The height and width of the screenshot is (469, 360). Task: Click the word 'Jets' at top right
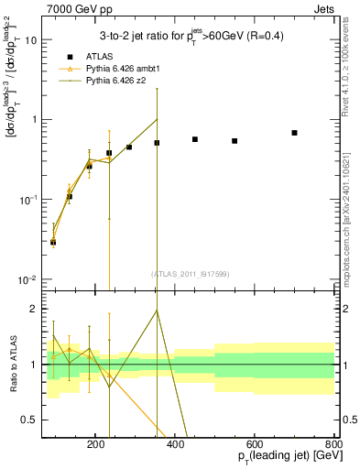tap(324, 7)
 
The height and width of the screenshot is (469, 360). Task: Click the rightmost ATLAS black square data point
tap(294, 133)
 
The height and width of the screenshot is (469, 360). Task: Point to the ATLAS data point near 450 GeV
tap(195, 139)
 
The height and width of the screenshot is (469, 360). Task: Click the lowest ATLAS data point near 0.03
tap(53, 242)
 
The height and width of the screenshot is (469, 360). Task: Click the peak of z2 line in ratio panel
tap(157, 310)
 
